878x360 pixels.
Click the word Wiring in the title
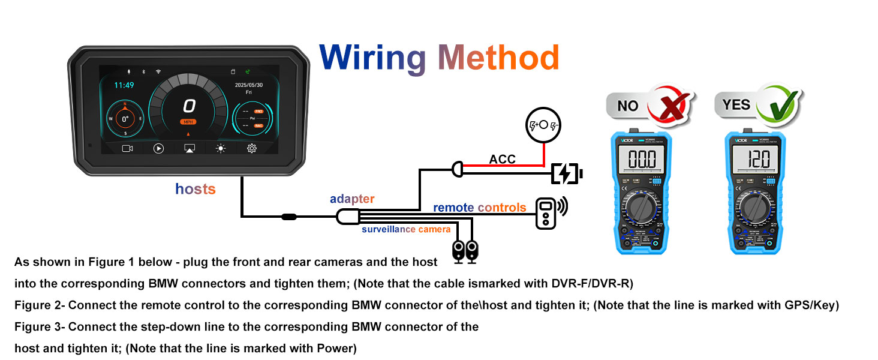pyautogui.click(x=372, y=58)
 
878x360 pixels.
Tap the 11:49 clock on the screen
pyautogui.click(x=124, y=85)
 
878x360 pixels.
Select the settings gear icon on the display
pyautogui.click(x=252, y=148)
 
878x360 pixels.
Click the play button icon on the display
pyautogui.click(x=158, y=148)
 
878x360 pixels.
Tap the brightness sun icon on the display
pyautogui.click(x=221, y=148)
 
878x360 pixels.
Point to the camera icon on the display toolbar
pyautogui.click(x=127, y=148)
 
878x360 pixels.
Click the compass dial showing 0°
pyautogui.click(x=125, y=119)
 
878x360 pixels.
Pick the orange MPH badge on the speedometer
pyautogui.click(x=189, y=122)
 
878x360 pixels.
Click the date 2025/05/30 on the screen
pyautogui.click(x=249, y=86)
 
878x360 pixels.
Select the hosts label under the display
pyautogui.click(x=195, y=190)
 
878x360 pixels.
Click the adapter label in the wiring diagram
pyautogui.click(x=352, y=199)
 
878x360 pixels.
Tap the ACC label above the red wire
pyautogui.click(x=503, y=159)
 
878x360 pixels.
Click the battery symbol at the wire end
pyautogui.click(x=566, y=174)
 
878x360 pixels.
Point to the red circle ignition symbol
pyautogui.click(x=543, y=125)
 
